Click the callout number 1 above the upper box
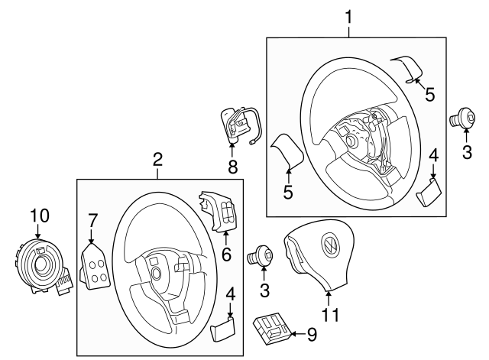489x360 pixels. [348, 15]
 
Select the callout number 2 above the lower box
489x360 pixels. [157, 159]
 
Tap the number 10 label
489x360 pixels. [38, 216]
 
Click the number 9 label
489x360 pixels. [311, 333]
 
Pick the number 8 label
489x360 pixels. [232, 165]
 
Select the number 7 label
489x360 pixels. [92, 221]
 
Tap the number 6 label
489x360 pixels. [225, 253]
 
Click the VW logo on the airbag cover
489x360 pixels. [329, 245]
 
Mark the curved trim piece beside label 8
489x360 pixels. [287, 152]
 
